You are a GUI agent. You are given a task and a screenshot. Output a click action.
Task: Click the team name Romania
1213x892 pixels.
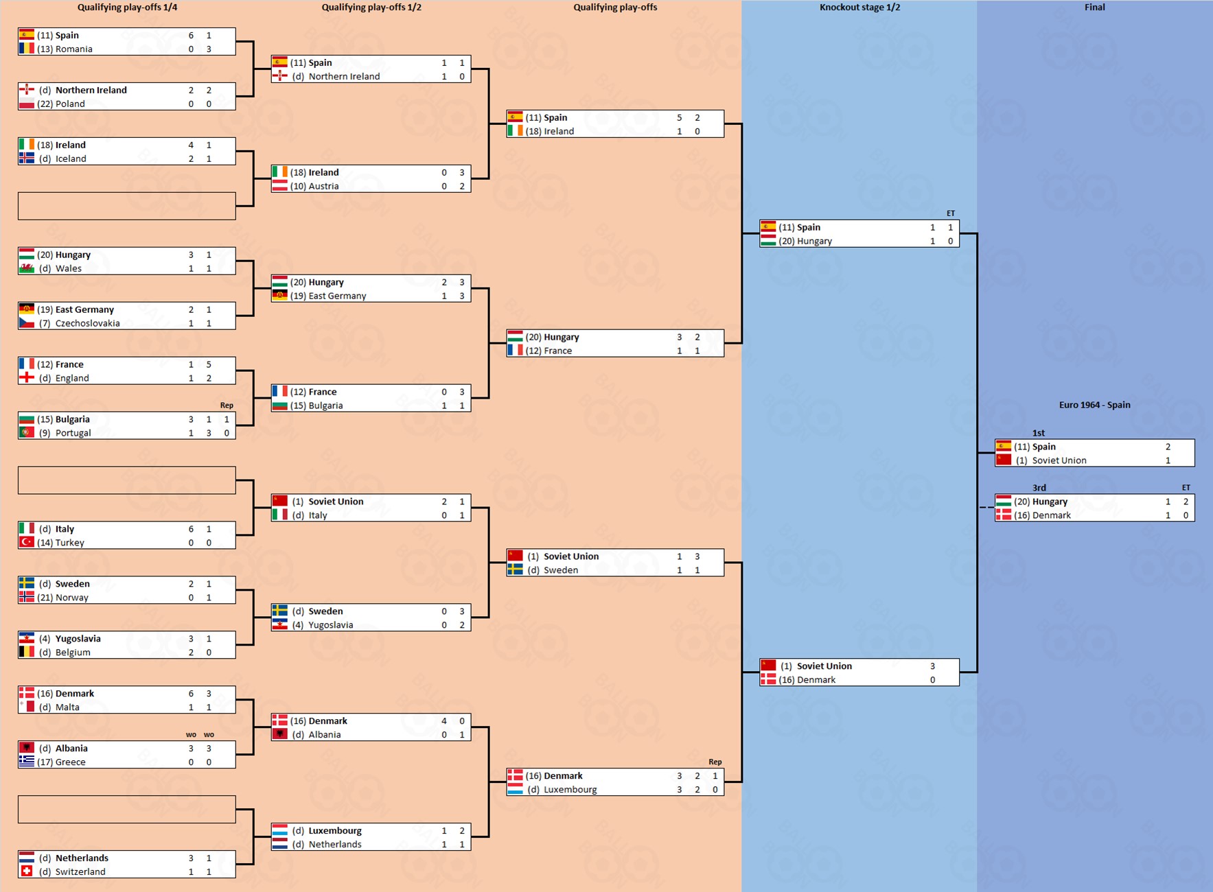pyautogui.click(x=73, y=49)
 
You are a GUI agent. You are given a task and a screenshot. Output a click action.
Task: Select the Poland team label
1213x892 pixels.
pyautogui.click(x=70, y=104)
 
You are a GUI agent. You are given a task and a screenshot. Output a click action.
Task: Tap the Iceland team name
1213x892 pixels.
pyautogui.click(x=71, y=159)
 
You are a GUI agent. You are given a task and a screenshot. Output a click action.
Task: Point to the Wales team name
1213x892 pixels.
pyautogui.click(x=68, y=268)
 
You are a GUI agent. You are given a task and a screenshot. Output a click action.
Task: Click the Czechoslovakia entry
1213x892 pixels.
pyautogui.click(x=87, y=323)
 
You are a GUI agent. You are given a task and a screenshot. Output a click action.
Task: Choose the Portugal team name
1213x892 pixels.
pyautogui.click(x=73, y=433)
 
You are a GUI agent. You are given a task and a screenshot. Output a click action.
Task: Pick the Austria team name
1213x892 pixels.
pyautogui.click(x=323, y=186)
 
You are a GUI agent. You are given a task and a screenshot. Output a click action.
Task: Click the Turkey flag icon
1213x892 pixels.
pyautogui.click(x=27, y=542)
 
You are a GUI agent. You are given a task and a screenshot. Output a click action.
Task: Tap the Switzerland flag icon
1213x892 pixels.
pyautogui.click(x=27, y=871)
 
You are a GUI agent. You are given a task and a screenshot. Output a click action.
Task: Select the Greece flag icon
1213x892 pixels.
pyautogui.click(x=27, y=762)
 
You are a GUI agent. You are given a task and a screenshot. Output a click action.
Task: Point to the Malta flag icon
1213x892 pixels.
pyautogui.click(x=27, y=707)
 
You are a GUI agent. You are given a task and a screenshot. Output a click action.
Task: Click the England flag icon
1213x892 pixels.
pyautogui.click(x=27, y=377)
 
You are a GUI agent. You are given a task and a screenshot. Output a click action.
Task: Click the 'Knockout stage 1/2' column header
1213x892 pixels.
pyautogui.click(x=859, y=8)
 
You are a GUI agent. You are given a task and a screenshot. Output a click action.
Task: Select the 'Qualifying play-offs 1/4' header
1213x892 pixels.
pyautogui.click(x=127, y=8)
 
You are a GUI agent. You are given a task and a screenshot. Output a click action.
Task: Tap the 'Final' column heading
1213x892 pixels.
pyautogui.click(x=1094, y=8)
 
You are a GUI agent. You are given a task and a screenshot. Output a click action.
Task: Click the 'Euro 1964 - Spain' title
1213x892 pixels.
pyautogui.click(x=1094, y=405)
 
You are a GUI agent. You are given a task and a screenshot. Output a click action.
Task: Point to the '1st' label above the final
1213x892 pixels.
pyautogui.click(x=1038, y=433)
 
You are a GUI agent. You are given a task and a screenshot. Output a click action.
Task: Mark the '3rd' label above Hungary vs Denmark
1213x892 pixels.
pyautogui.click(x=1039, y=488)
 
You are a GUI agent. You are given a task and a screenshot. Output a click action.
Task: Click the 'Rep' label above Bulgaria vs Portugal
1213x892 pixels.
pyautogui.click(x=227, y=406)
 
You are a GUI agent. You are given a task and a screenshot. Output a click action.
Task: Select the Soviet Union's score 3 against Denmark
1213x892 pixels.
pyautogui.click(x=932, y=666)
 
